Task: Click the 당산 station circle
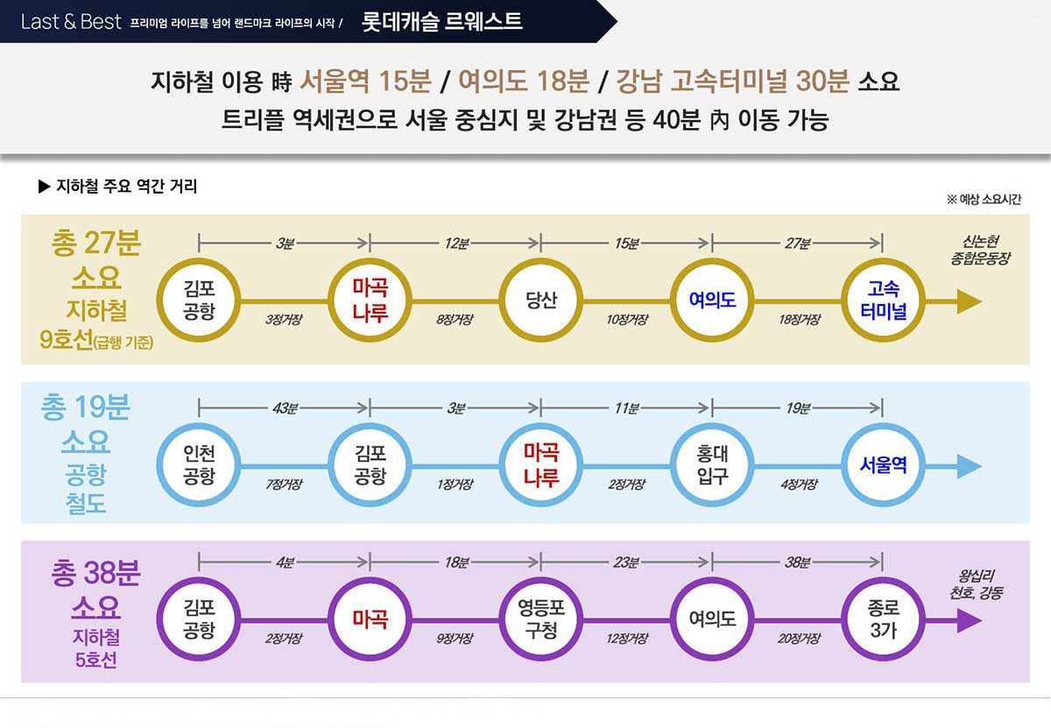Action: click(541, 300)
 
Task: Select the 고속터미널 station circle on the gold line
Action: click(883, 300)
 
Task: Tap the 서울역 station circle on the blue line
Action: click(883, 465)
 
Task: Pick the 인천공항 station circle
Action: click(200, 465)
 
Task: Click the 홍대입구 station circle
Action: click(712, 465)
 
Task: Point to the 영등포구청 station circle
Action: click(541, 619)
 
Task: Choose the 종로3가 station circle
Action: click(883, 619)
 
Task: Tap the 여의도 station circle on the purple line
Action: click(712, 619)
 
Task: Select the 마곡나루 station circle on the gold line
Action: click(370, 300)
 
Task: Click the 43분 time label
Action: click(285, 408)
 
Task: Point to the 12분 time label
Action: click(455, 244)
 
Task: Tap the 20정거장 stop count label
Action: click(798, 639)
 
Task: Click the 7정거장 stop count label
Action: click(285, 484)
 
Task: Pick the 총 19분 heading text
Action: click(86, 407)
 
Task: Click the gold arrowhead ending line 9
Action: click(968, 301)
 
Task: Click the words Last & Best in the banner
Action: click(71, 22)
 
